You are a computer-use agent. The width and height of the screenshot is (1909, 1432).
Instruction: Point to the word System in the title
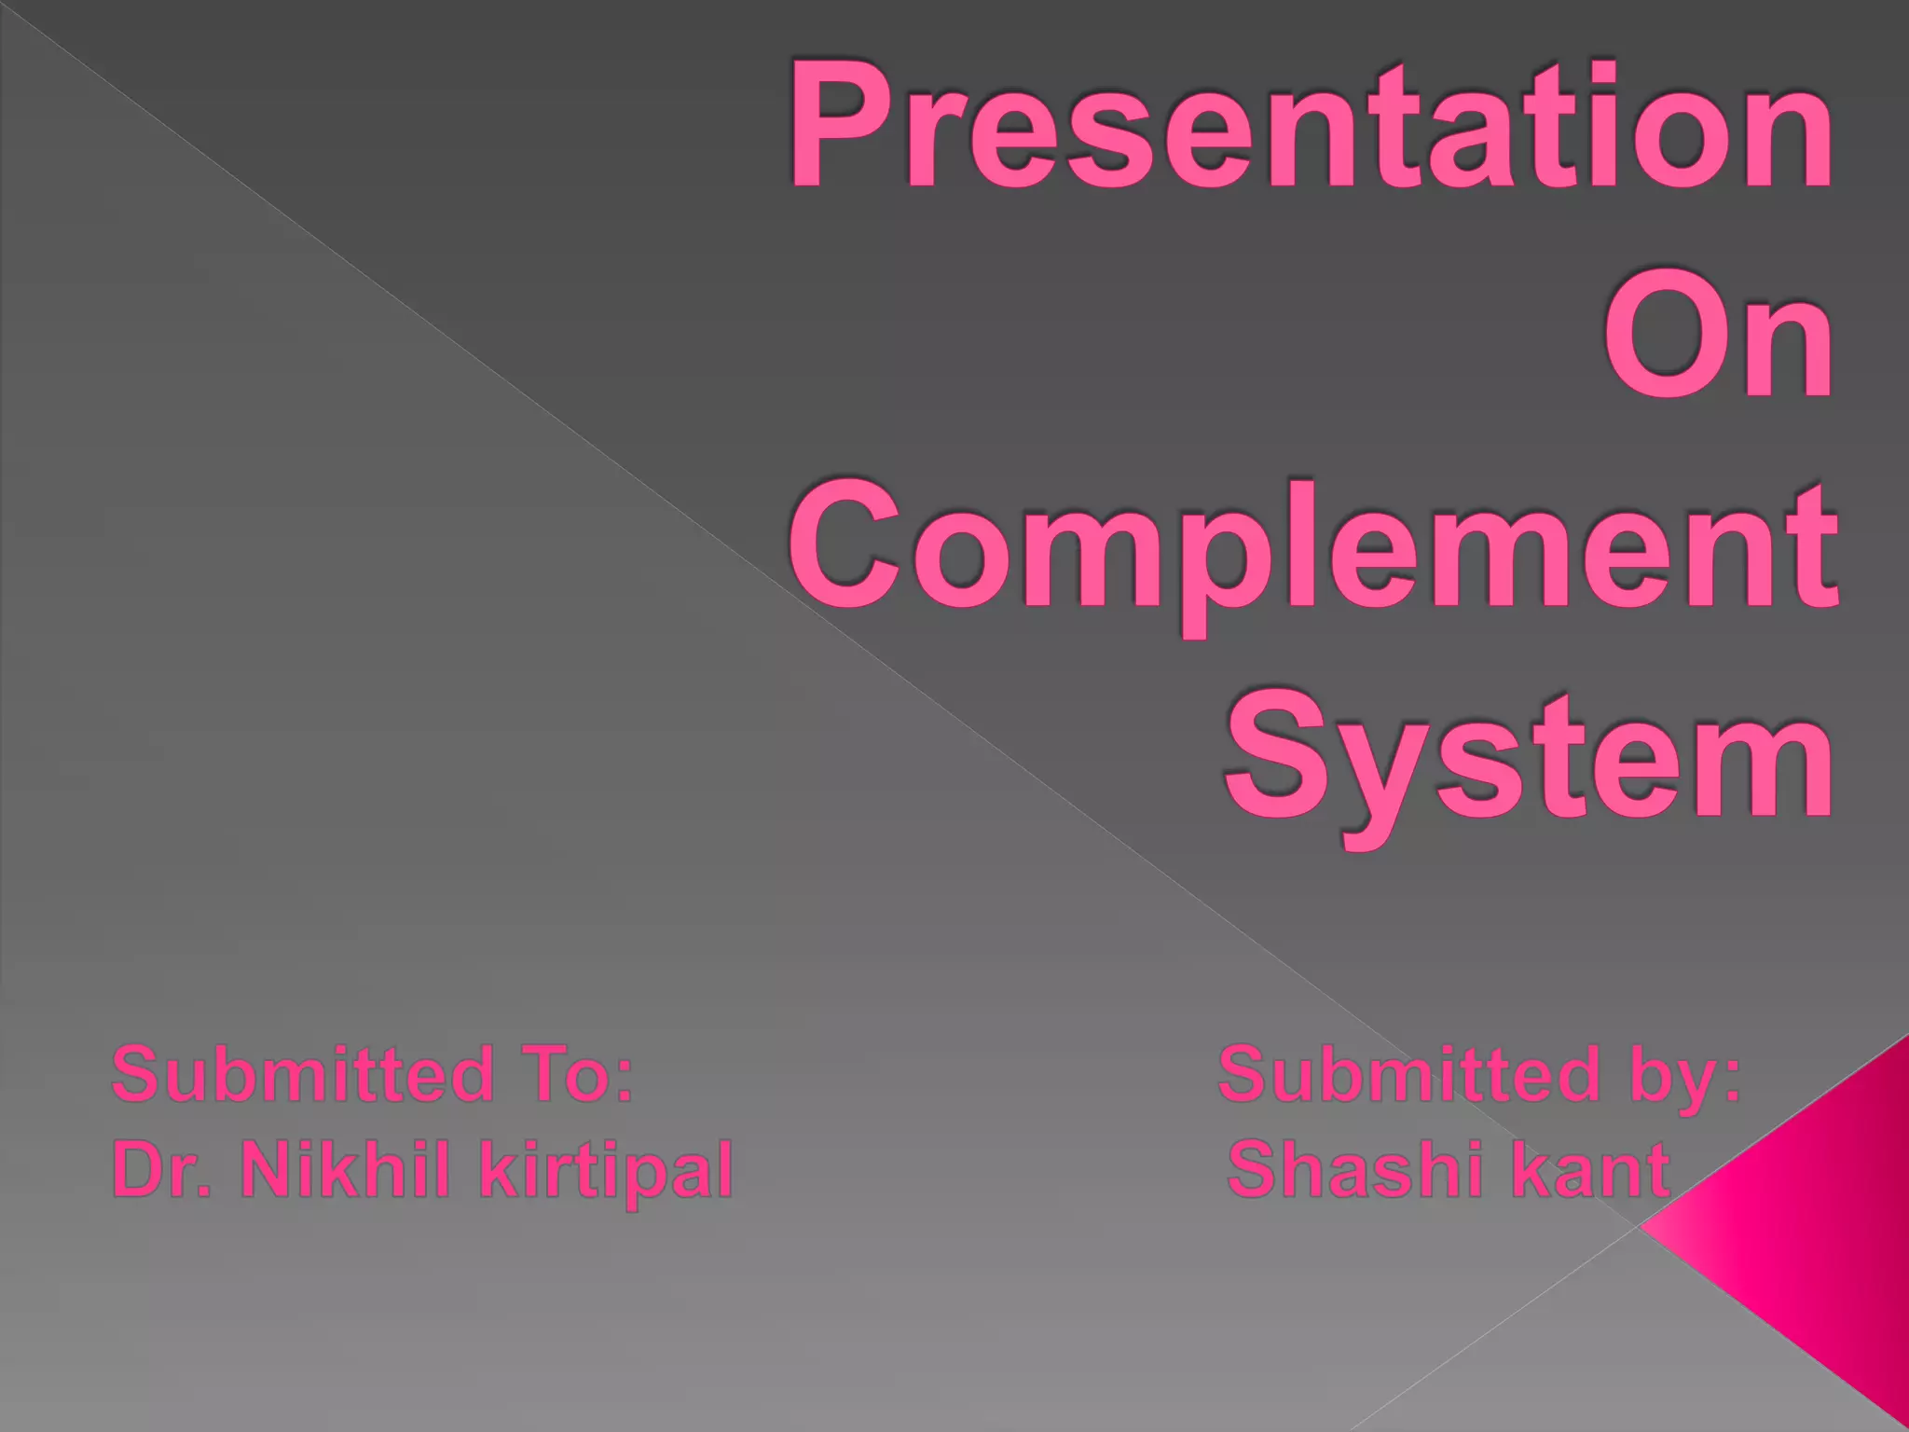tap(1529, 757)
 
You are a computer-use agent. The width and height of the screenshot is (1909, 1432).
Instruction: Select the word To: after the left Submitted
tap(570, 1074)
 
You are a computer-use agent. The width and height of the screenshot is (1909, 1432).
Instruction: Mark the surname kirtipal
tap(606, 1173)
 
